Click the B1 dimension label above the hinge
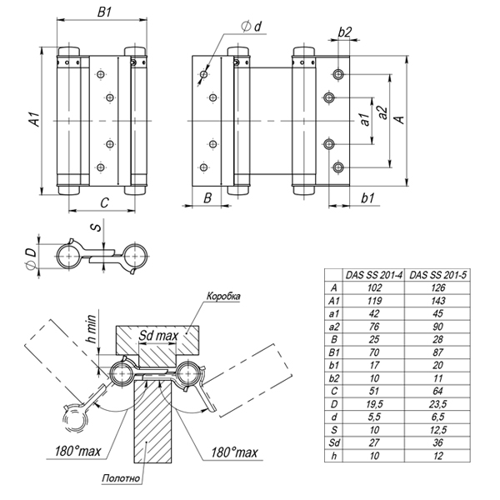click(104, 13)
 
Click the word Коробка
click(223, 297)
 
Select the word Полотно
click(120, 480)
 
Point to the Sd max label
click(157, 336)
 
